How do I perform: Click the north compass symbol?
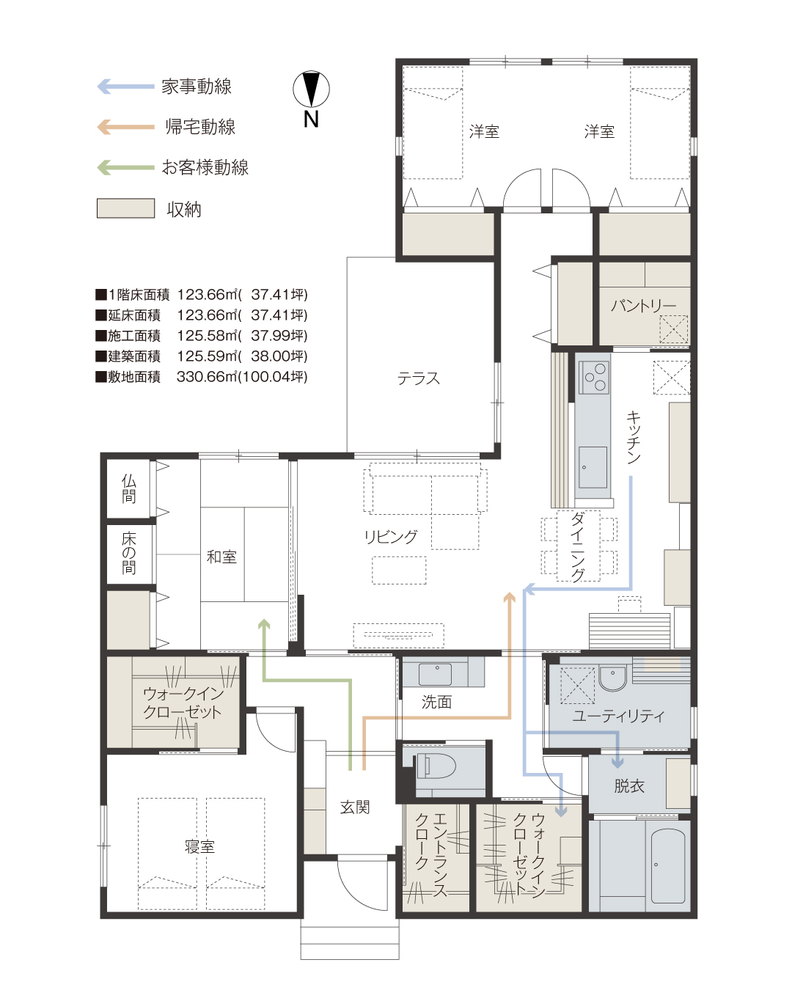coord(311,90)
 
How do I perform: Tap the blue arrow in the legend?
coord(125,87)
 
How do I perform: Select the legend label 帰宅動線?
coord(199,127)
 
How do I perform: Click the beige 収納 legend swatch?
coord(125,208)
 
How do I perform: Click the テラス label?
coord(419,378)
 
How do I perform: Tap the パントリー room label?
coord(643,305)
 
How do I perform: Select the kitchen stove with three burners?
coord(594,378)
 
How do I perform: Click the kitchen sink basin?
coord(593,467)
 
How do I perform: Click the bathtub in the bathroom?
coord(668,866)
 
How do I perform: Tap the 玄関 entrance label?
coord(355,807)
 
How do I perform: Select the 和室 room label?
coord(221,557)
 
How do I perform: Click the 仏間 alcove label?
coord(129,488)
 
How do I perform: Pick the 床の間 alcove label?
coord(129,553)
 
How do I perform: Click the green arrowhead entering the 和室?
coord(264,624)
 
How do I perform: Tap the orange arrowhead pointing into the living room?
coord(509,598)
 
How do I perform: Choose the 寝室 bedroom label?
coord(199,847)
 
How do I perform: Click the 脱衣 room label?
coord(629,786)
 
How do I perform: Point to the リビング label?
coord(391,537)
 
